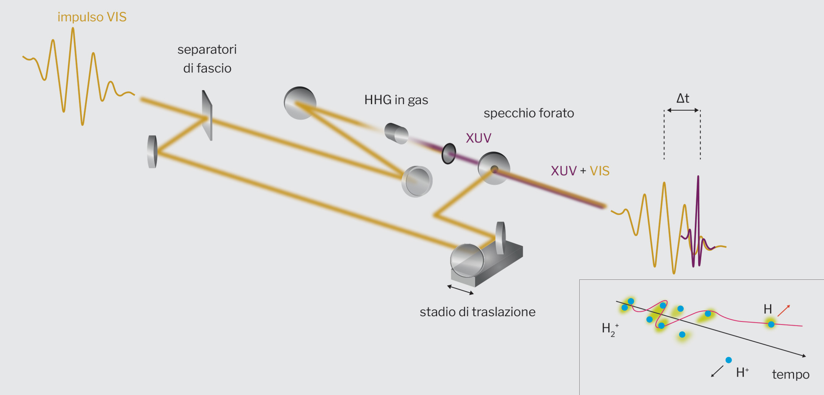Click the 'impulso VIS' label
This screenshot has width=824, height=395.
[x=92, y=17]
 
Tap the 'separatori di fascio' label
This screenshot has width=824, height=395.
[x=207, y=59]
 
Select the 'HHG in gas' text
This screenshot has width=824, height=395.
[x=396, y=100]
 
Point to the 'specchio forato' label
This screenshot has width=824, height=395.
[x=528, y=113]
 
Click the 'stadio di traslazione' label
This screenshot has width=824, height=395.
[x=477, y=312]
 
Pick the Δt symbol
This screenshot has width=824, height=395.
[x=683, y=98]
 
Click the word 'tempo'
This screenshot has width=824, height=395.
[x=790, y=374]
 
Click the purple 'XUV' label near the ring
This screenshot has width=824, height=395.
[x=478, y=138]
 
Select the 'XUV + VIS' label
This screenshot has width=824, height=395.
[x=580, y=171]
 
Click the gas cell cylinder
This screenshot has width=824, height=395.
[x=396, y=133]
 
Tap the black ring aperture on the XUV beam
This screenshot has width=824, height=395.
[x=449, y=153]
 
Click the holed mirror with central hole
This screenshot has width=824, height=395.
[x=494, y=168]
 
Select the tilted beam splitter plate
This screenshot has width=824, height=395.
[x=207, y=115]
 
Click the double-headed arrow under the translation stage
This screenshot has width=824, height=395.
[x=460, y=290]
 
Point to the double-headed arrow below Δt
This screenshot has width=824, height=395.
[x=683, y=110]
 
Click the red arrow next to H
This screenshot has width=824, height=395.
[x=784, y=310]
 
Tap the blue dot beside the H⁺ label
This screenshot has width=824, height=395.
[x=728, y=360]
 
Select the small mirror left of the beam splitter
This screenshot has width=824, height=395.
[x=153, y=152]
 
